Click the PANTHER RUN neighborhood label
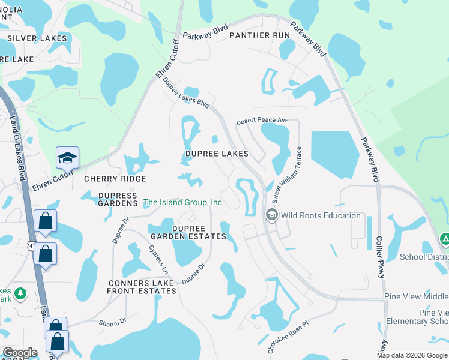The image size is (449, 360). [x=259, y=35]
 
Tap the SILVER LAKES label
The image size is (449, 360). [x=37, y=38]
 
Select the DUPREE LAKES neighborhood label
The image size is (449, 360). [x=216, y=154]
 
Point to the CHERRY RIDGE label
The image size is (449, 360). [x=115, y=179]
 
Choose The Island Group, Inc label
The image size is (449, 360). [x=182, y=203]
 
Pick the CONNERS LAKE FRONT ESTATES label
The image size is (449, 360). [x=142, y=287]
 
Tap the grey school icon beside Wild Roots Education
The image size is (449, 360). [x=271, y=215]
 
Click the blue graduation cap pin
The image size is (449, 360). [x=67, y=158]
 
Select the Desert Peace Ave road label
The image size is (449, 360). [x=262, y=121]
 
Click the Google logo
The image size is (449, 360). [x=20, y=353]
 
